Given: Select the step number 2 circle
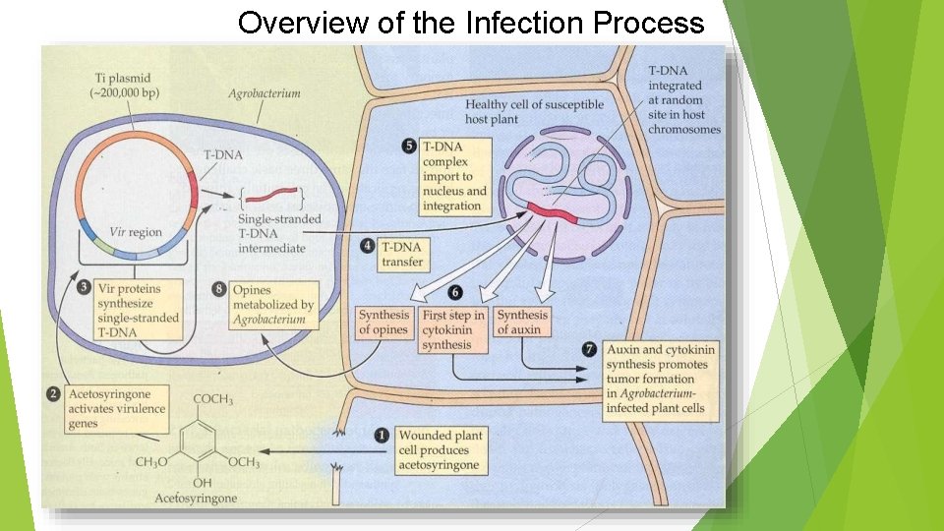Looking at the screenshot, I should [x=52, y=394].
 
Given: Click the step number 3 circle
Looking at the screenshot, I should [x=85, y=288].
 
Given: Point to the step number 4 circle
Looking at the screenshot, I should [x=368, y=246].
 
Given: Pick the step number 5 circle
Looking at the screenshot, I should [x=408, y=146].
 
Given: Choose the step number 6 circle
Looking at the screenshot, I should [x=454, y=293].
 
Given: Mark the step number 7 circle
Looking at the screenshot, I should [x=589, y=349].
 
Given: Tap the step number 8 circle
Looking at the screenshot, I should [x=218, y=288].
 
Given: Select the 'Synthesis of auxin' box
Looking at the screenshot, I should [x=521, y=323].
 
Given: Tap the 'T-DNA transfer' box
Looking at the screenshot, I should [x=402, y=255].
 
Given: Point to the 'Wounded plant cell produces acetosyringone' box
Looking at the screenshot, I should [x=440, y=449].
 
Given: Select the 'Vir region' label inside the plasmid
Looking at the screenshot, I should [x=135, y=232].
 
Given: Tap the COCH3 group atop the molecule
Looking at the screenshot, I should [x=212, y=398].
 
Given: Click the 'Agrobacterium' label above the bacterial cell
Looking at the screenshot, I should [x=265, y=94].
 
